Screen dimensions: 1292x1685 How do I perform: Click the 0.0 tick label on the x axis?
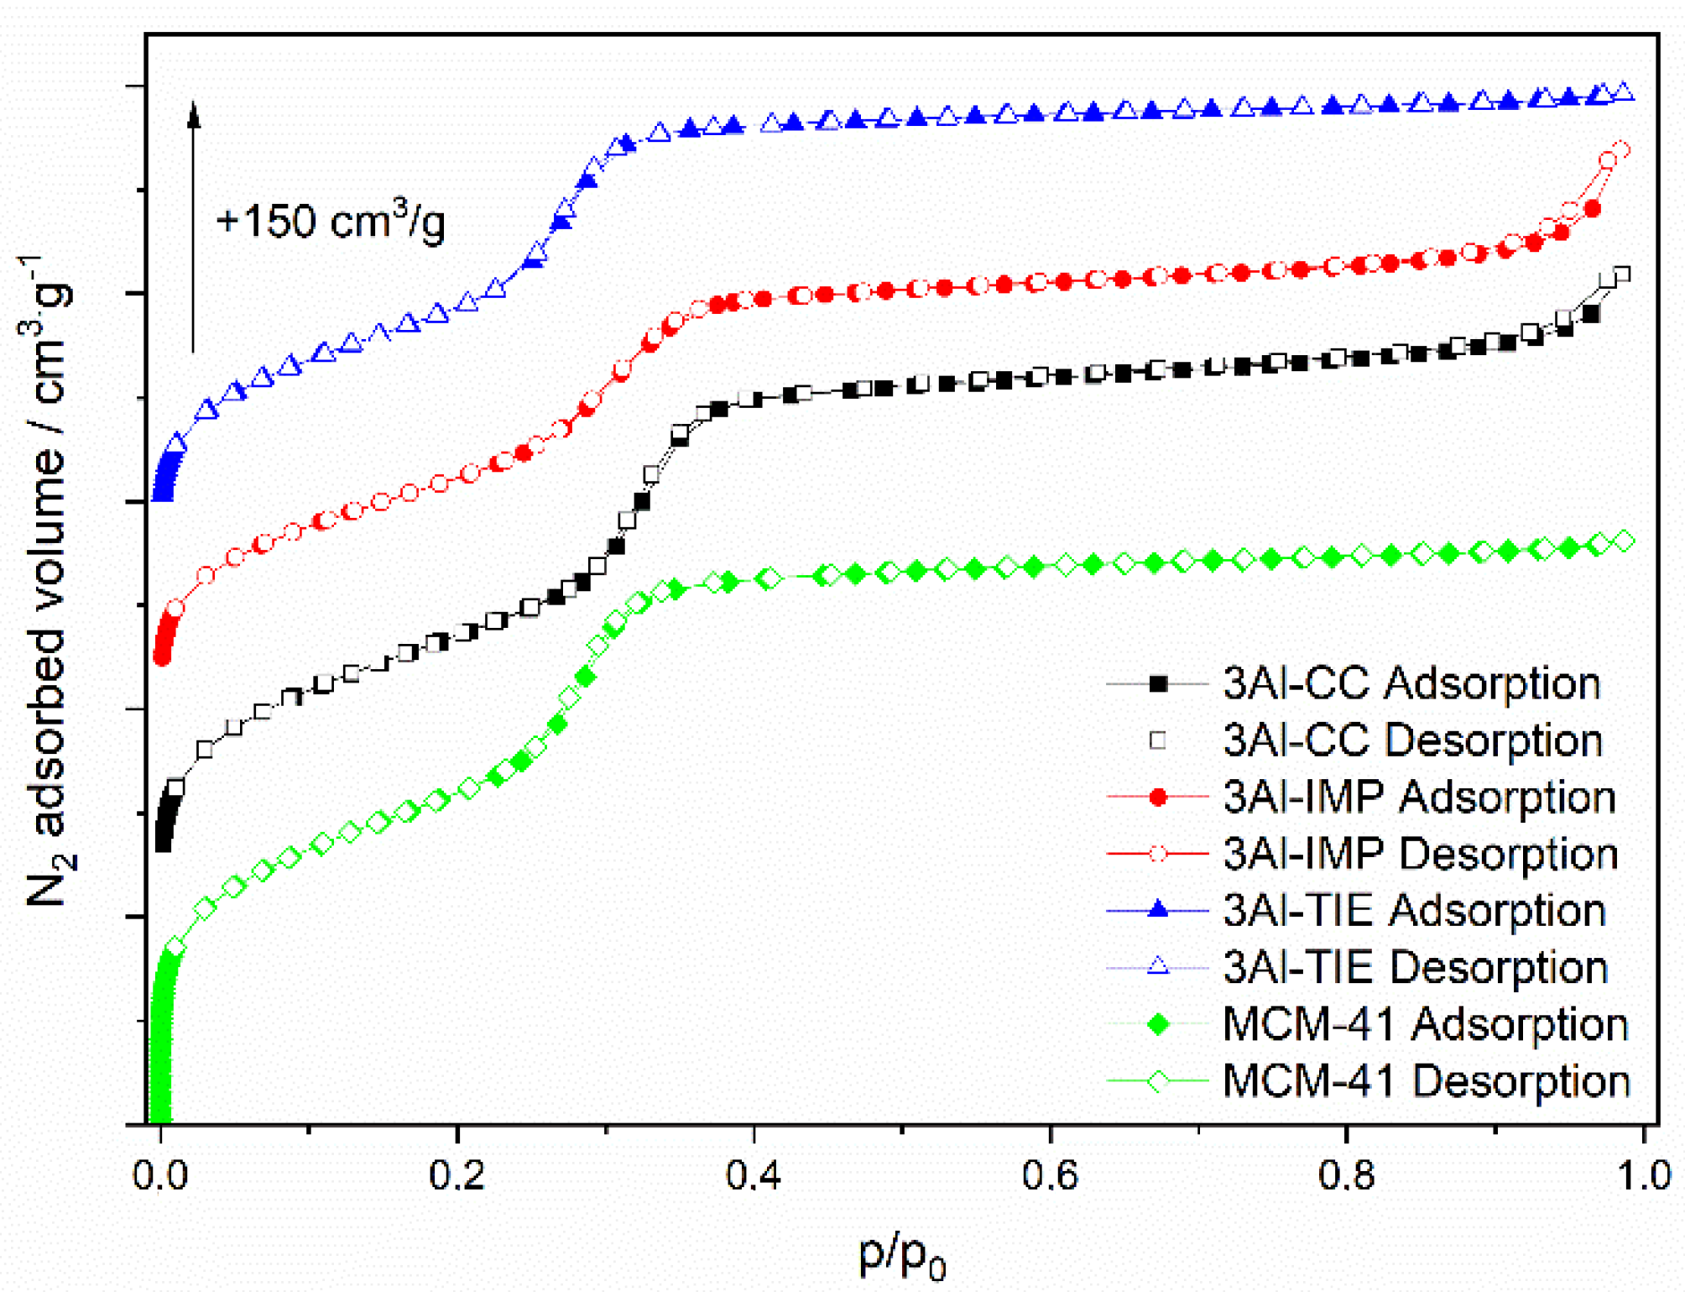(159, 1176)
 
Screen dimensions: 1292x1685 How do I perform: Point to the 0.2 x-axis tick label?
(456, 1176)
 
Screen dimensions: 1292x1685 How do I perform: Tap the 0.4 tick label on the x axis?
(753, 1176)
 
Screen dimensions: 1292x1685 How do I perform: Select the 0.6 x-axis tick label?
(1050, 1176)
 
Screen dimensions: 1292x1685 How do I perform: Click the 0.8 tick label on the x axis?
(1346, 1176)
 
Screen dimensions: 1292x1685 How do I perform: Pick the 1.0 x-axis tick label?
(1643, 1176)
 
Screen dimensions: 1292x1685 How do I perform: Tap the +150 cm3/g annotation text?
(330, 222)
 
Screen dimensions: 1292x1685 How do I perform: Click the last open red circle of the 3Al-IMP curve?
(1621, 150)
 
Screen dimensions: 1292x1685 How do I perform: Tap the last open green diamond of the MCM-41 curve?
(1625, 541)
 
